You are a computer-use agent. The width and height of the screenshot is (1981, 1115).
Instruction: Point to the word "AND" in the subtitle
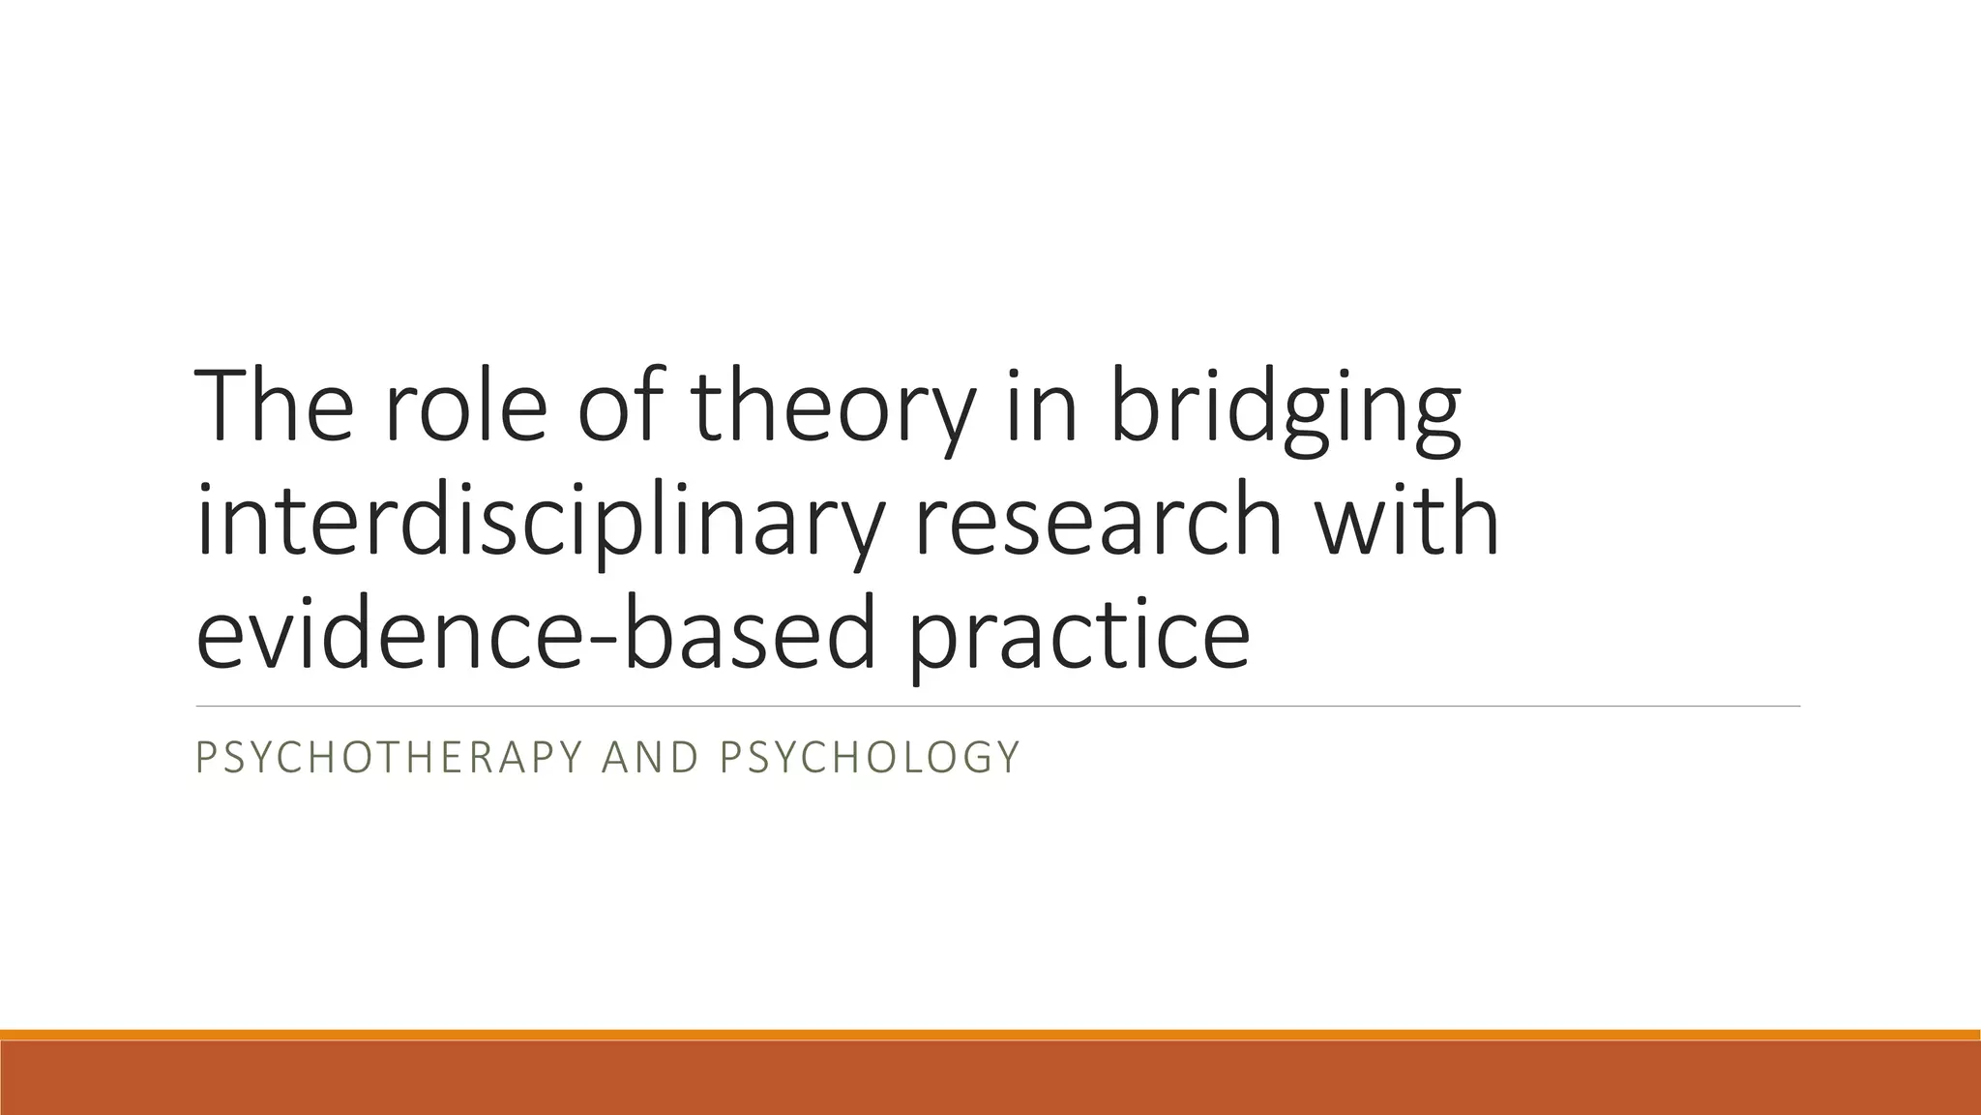[649, 757]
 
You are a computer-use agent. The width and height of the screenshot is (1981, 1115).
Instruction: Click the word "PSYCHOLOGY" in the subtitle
[870, 757]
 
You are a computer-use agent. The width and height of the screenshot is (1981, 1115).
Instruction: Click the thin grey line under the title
[996, 707]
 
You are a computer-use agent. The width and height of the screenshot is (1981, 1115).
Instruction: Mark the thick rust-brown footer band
[990, 1078]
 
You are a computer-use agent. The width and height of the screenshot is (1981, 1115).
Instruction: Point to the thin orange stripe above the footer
[990, 1035]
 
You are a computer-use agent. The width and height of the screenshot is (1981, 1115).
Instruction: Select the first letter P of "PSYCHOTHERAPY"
[204, 757]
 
